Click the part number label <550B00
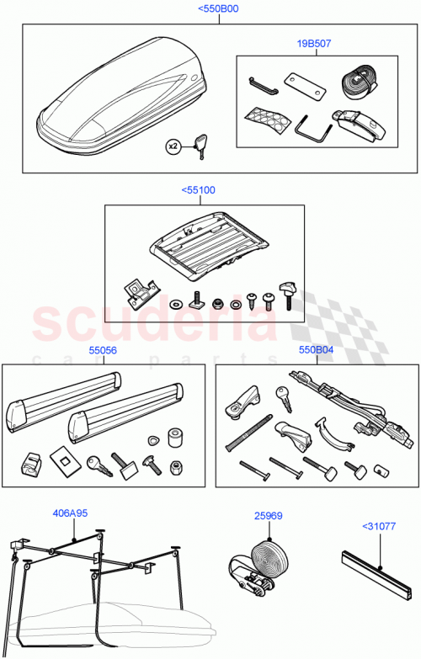pos(217,9)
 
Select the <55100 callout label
pos(198,190)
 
